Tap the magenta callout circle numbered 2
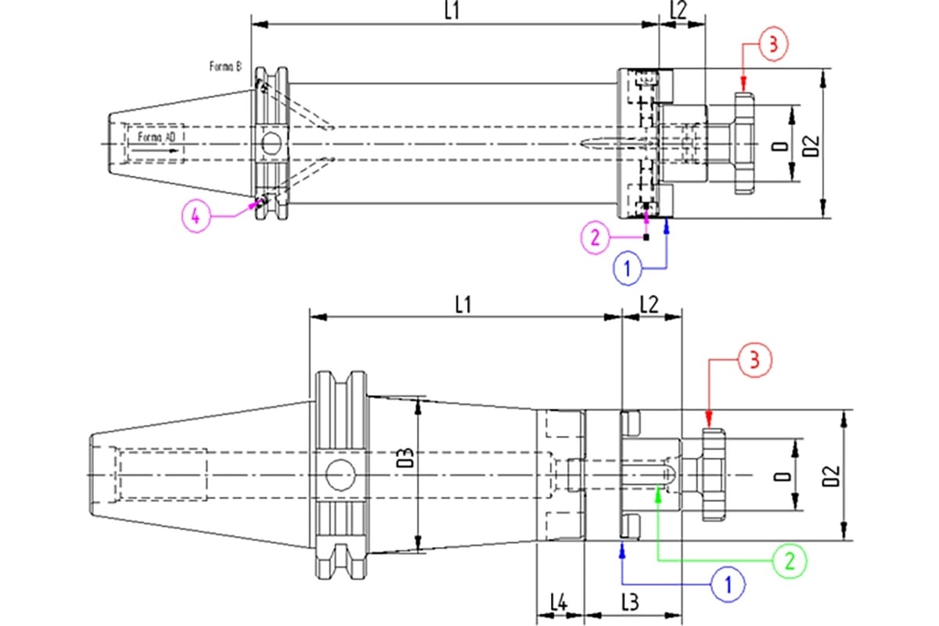click(x=595, y=238)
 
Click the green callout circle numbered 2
click(x=790, y=559)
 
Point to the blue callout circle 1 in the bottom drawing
click(x=728, y=583)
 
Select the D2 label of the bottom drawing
click(x=831, y=475)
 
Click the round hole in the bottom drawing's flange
click(x=340, y=474)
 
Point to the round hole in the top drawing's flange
click(x=271, y=143)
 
